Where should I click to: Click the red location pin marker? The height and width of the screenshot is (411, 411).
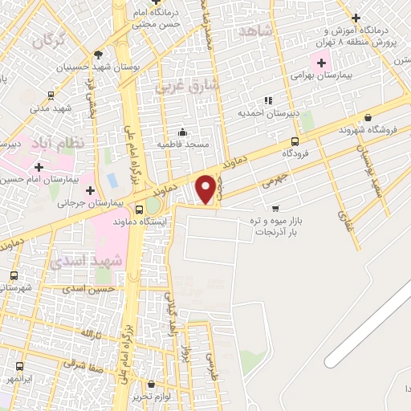(206, 189)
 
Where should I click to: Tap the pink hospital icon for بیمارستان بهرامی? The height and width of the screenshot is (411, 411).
(322, 62)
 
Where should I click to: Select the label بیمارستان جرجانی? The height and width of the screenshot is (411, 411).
(58, 204)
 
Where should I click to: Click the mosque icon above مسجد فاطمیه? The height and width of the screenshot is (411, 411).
(183, 132)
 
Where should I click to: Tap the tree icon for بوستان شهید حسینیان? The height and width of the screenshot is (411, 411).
(98, 55)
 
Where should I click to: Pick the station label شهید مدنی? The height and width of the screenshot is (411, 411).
(51, 108)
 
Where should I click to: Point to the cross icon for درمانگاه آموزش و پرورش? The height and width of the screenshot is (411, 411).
(356, 18)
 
